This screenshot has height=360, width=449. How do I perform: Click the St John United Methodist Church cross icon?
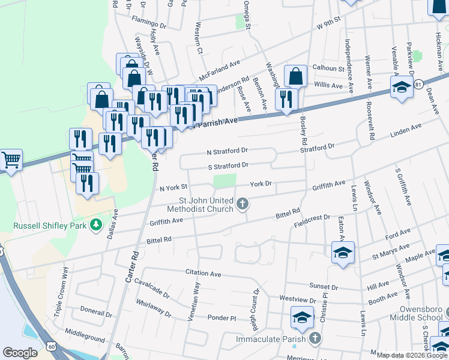coord(243,205)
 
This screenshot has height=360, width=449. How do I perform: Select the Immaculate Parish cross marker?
coord(313,339)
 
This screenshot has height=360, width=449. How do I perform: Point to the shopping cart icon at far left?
coord(11,160)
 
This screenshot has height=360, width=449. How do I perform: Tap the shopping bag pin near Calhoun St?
coord(295,76)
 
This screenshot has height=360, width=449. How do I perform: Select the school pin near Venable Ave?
coord(402,88)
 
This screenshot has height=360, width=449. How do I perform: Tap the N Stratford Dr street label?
coord(227,152)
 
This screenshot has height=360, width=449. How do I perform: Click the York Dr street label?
coord(262,184)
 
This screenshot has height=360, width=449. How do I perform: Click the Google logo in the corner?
coord(20,353)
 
